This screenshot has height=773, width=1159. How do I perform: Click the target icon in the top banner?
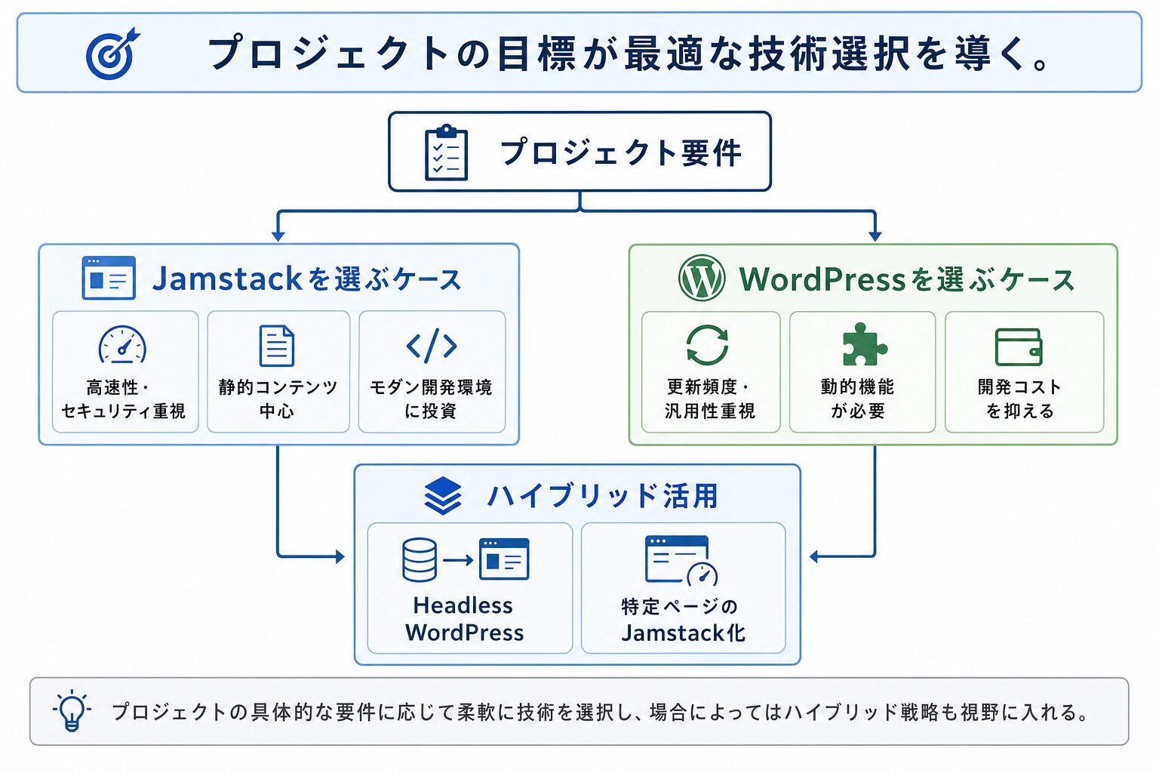click(x=112, y=54)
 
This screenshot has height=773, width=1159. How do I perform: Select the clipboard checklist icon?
click(x=446, y=152)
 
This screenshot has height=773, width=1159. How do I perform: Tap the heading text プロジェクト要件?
click(x=621, y=152)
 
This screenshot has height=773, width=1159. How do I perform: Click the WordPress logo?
click(x=702, y=278)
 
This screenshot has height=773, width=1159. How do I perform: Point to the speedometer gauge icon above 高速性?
click(x=122, y=344)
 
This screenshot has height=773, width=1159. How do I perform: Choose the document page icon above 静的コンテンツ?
click(x=277, y=346)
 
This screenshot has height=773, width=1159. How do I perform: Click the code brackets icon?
click(x=432, y=345)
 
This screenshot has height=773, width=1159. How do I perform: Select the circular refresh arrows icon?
click(x=707, y=345)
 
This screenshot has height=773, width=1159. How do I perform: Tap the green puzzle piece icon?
click(x=865, y=344)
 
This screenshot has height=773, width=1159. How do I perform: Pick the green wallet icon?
click(x=1018, y=347)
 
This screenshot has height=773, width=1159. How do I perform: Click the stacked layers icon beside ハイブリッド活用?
click(x=443, y=495)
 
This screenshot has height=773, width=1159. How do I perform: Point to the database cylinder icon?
click(x=419, y=559)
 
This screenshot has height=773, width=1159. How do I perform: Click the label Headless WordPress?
click(x=464, y=619)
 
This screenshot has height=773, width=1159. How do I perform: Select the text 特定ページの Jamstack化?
click(x=683, y=620)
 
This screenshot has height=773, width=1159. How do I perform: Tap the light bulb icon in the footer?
click(x=72, y=710)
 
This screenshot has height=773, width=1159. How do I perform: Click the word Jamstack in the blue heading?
click(x=227, y=278)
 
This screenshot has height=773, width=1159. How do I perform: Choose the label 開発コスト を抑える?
click(x=1019, y=399)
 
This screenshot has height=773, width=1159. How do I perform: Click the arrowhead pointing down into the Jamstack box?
click(x=278, y=236)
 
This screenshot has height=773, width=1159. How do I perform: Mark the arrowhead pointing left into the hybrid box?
click(x=814, y=556)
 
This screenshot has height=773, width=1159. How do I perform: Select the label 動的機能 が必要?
click(x=857, y=399)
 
